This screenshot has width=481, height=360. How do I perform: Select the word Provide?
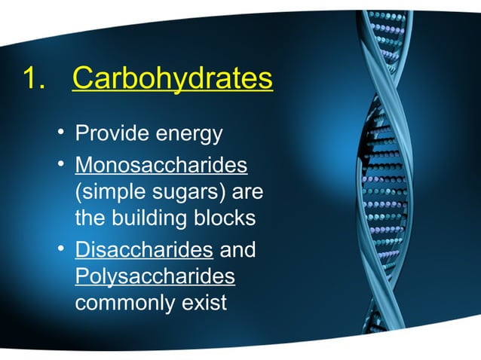[x=112, y=135]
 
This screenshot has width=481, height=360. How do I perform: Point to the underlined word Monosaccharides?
[x=161, y=163]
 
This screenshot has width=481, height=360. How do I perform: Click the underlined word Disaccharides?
[x=143, y=249]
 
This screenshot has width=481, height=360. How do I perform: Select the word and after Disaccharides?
[x=237, y=249]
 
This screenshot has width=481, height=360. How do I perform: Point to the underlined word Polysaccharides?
[x=155, y=277]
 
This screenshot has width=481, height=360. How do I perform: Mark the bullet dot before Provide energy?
[x=60, y=135]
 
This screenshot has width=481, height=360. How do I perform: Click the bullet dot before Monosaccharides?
[x=60, y=163]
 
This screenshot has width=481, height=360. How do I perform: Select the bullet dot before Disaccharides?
[x=60, y=249]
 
